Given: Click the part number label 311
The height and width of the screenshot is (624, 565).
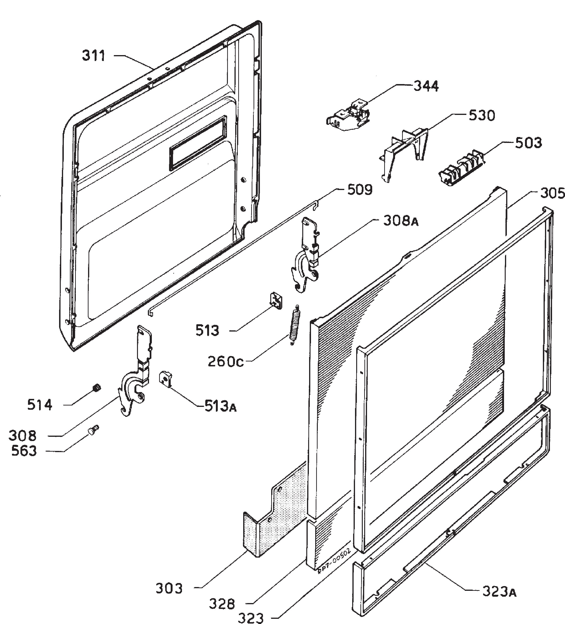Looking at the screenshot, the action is click(x=94, y=56).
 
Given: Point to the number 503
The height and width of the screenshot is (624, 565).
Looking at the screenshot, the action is click(x=529, y=143).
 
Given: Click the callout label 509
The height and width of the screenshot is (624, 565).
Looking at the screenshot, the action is click(x=360, y=190).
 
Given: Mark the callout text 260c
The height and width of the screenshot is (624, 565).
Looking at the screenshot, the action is click(x=226, y=361).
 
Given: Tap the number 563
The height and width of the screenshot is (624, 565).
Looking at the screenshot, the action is click(x=24, y=451).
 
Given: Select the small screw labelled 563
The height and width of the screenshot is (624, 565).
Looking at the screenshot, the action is click(x=93, y=430).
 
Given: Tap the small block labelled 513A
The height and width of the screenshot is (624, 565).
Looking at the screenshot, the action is click(x=165, y=379).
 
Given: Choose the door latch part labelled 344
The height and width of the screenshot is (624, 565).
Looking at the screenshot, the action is click(x=348, y=115).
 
